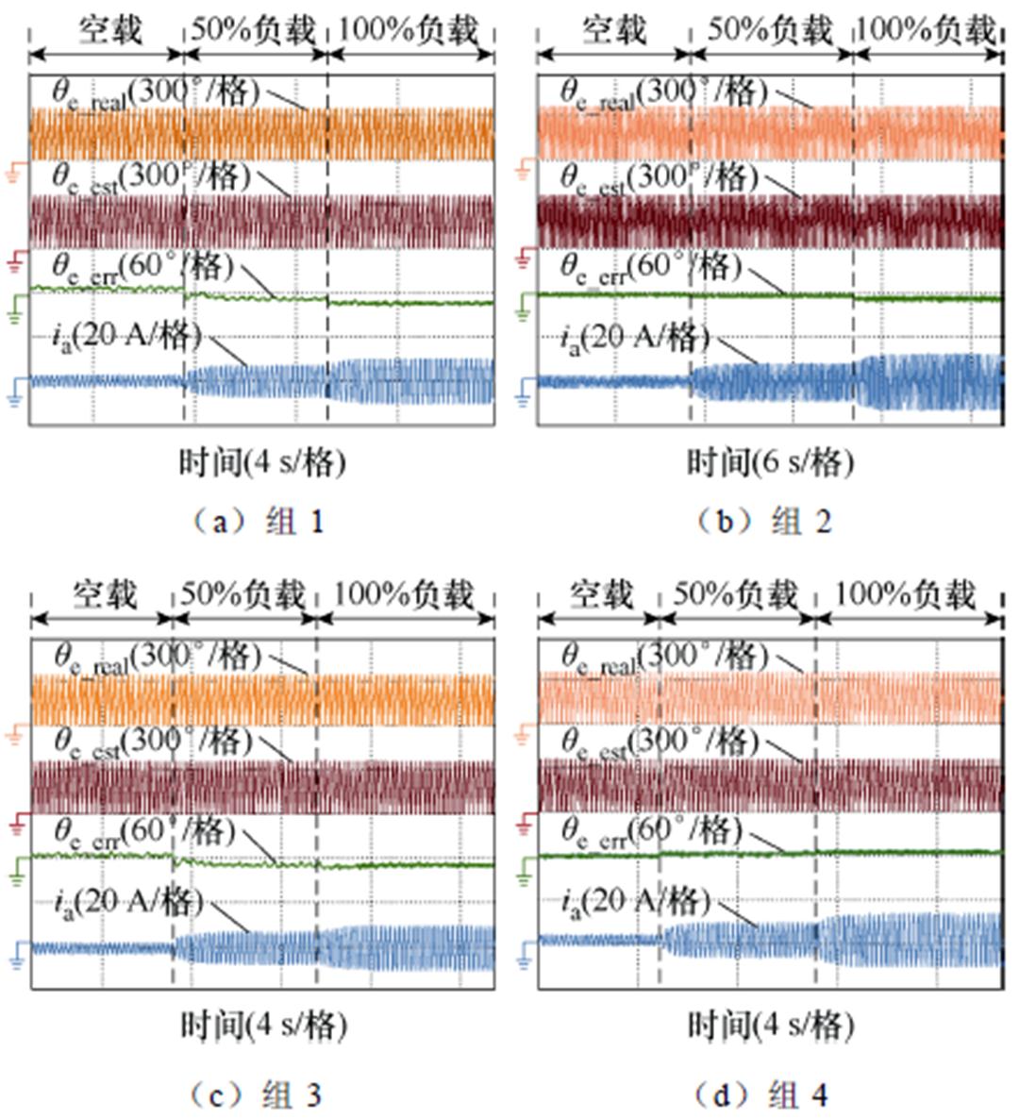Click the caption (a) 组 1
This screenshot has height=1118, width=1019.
click(x=256, y=521)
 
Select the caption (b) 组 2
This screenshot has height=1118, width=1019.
click(x=763, y=521)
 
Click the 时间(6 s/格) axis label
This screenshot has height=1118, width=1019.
click(x=770, y=462)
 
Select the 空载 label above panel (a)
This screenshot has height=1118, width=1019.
click(x=109, y=31)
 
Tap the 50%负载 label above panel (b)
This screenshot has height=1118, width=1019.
click(x=770, y=31)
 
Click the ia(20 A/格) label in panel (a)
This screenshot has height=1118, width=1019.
click(x=126, y=336)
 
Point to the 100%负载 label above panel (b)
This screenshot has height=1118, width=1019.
click(x=926, y=31)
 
